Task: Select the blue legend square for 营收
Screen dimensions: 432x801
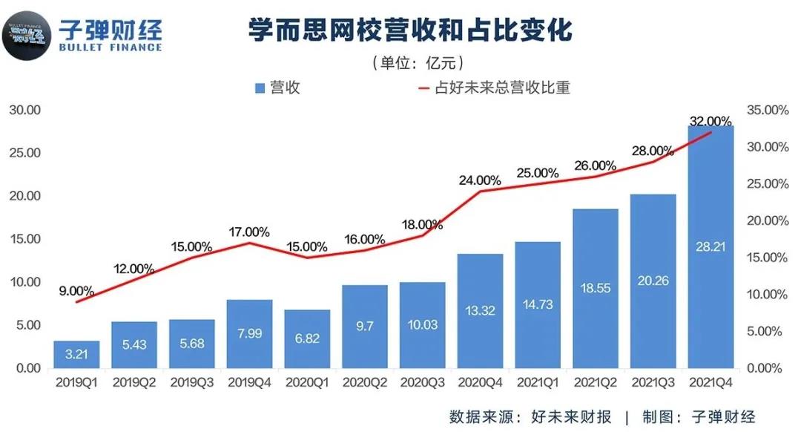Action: point(260,88)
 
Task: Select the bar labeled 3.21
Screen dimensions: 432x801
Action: point(76,354)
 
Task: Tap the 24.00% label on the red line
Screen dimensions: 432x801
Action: point(480,180)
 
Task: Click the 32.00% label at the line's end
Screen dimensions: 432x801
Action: point(711,121)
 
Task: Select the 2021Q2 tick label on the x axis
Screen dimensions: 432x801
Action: point(596,383)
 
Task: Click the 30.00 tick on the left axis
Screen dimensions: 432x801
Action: point(24,110)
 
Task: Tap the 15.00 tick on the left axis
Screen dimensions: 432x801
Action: point(24,239)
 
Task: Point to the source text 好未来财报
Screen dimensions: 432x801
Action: point(571,416)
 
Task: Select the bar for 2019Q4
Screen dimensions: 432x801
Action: point(250,333)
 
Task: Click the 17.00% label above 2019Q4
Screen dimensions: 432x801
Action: point(250,231)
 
